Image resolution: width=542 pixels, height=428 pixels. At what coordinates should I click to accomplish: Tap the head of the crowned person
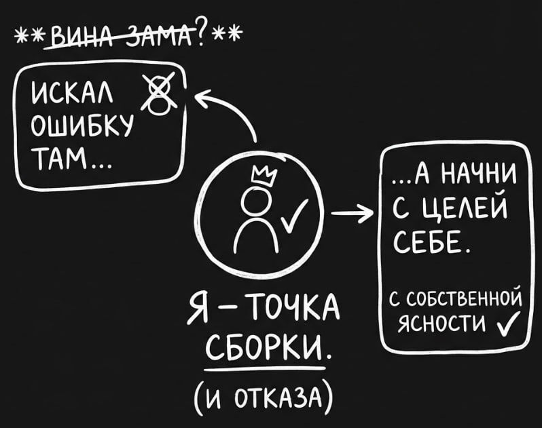click(x=257, y=199)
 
